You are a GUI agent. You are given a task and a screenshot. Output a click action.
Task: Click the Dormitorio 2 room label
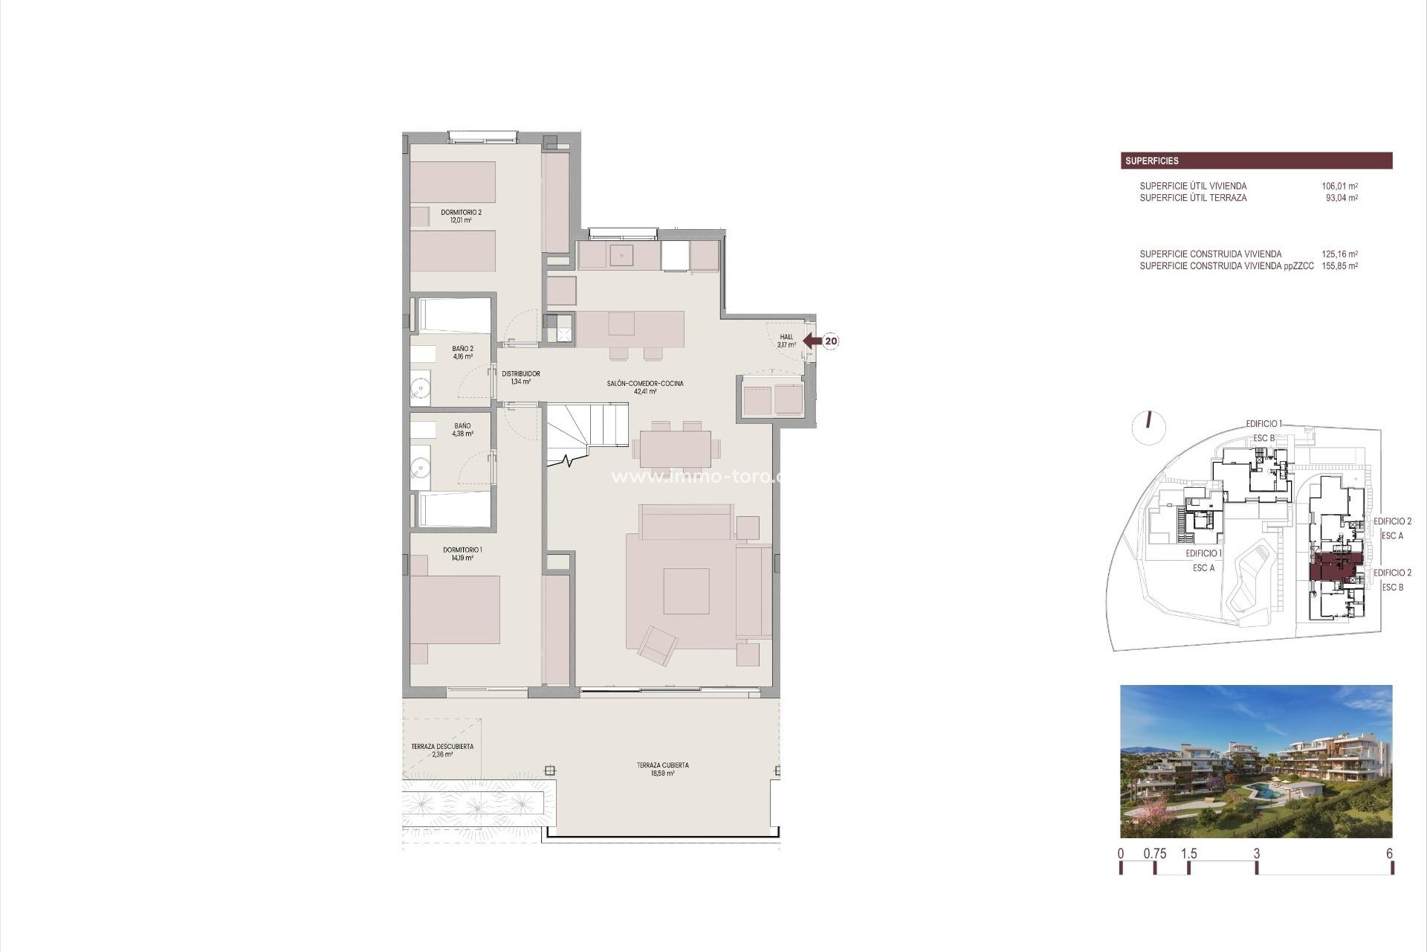461,216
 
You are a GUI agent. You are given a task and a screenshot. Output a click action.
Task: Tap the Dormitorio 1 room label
462,553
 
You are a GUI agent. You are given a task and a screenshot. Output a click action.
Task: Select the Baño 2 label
462,352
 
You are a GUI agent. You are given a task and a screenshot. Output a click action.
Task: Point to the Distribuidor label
520,377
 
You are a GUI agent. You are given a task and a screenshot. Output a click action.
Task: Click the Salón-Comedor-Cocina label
644,387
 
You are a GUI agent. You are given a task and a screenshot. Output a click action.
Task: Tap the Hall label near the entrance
786,341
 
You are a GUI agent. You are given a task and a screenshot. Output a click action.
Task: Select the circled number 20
831,341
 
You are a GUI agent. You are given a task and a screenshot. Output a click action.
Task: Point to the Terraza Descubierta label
442,750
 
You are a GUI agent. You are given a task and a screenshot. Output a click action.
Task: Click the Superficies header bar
1256,161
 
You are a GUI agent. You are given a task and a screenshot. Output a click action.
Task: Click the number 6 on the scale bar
1389,854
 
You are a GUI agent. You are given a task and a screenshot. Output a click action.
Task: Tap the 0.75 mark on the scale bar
1154,854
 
